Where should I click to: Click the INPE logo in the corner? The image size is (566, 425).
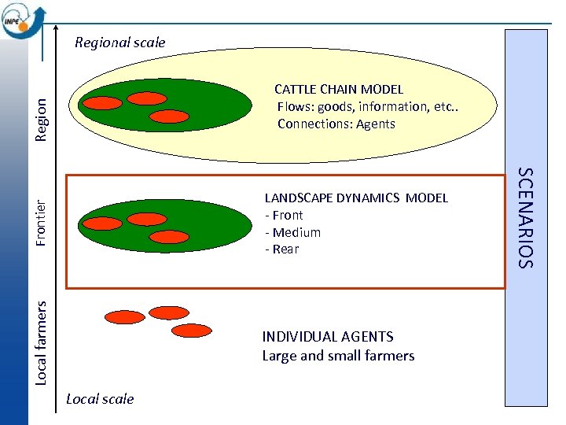(24, 20)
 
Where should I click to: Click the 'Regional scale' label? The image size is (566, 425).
(119, 42)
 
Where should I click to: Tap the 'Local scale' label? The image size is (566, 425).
(100, 399)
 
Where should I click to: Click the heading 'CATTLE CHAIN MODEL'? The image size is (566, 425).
(338, 90)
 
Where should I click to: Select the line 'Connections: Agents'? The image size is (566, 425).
(336, 124)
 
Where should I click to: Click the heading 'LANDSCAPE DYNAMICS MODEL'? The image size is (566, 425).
(355, 198)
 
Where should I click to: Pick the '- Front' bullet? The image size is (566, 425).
(284, 215)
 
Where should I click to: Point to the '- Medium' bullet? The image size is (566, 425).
(292, 232)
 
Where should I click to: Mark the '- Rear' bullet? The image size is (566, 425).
(281, 249)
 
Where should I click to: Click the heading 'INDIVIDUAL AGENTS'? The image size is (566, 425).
(327, 336)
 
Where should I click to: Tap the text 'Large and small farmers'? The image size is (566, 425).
(338, 356)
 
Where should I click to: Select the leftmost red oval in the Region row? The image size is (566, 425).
(103, 102)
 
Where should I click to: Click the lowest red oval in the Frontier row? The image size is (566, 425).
(169, 236)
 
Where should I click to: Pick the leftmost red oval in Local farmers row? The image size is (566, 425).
(125, 317)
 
